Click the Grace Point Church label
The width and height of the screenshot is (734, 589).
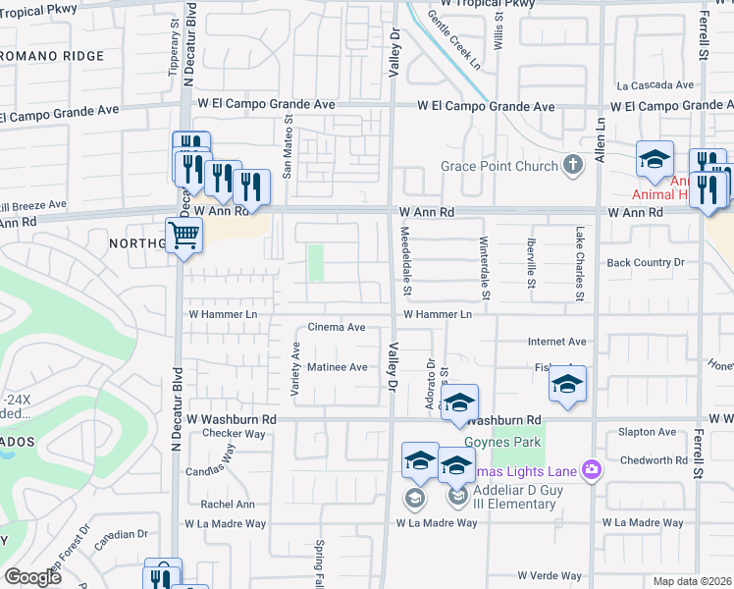point(498,166)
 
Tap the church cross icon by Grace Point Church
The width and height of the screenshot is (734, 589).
point(575,166)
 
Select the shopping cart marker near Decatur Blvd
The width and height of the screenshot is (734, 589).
point(183,237)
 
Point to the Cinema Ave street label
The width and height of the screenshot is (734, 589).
point(337,327)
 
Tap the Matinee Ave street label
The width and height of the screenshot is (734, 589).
point(338,367)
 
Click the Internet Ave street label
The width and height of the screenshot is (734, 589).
point(556,342)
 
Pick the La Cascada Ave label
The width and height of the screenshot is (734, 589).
point(648,85)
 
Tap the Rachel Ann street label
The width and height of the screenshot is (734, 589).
point(228,505)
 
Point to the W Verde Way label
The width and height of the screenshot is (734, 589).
point(550,575)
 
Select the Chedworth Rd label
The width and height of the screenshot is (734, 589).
point(653,460)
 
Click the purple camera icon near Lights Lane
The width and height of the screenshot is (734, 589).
point(591,470)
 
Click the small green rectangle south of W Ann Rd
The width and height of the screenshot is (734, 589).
point(315,262)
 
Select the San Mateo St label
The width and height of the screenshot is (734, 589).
point(288,148)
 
